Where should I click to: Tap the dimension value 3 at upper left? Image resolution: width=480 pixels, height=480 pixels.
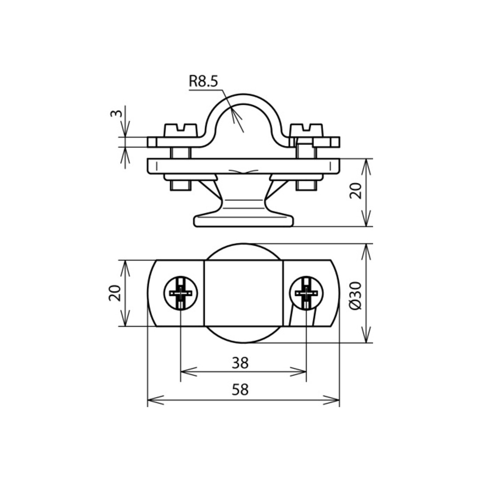117,113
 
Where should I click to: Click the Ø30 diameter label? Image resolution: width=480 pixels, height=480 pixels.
355,296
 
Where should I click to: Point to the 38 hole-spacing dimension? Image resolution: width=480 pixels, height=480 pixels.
240,363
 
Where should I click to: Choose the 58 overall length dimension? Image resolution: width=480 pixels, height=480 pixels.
240,390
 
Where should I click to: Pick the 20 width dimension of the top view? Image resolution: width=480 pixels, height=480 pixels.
115,293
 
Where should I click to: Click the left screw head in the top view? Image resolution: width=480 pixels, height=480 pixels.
181,293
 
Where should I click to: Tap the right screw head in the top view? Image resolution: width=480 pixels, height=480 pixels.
306,293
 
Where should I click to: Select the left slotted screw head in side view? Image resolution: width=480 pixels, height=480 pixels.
181,130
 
